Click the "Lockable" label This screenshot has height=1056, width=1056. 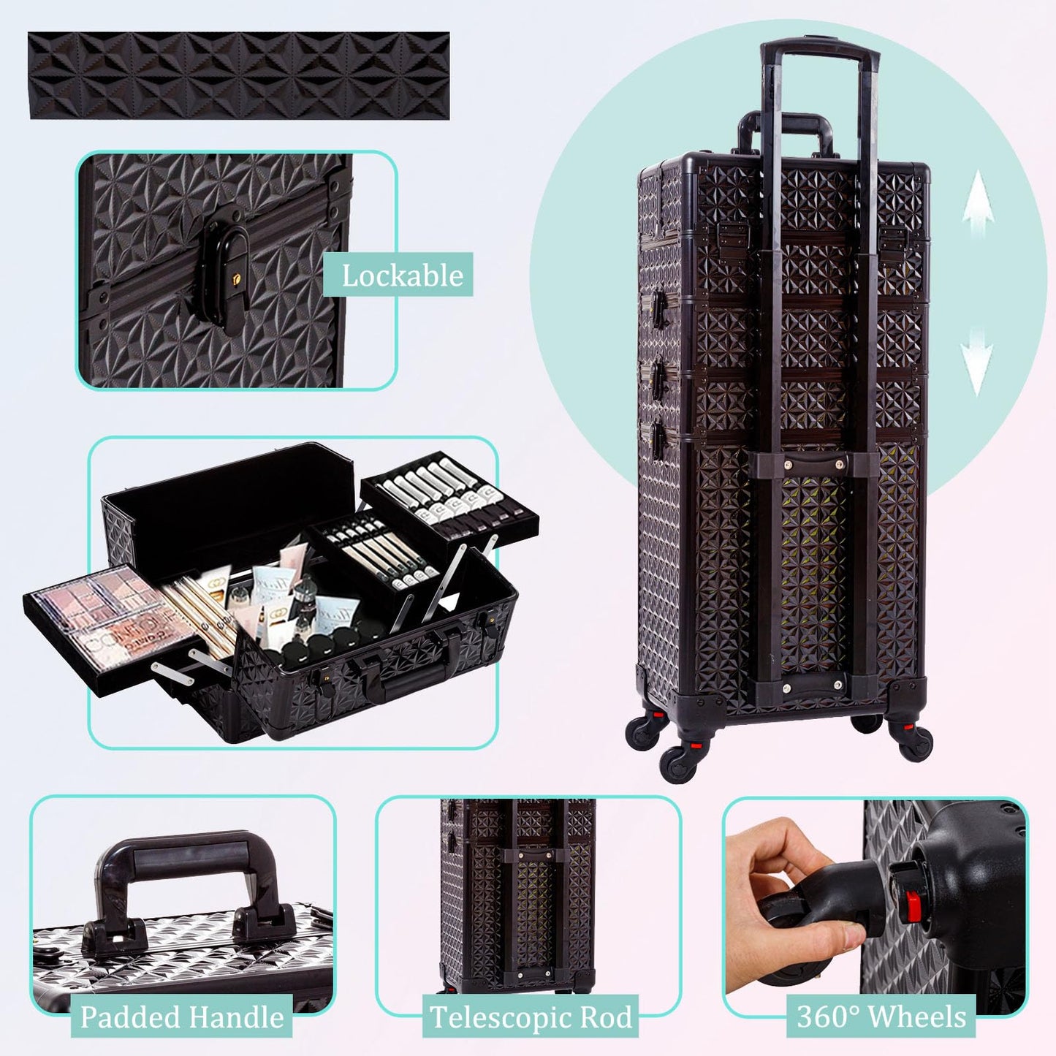click(402, 276)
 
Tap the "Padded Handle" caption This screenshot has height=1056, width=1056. click(181, 1016)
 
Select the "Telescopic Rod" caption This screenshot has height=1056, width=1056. click(531, 1017)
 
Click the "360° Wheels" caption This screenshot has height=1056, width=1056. click(881, 1017)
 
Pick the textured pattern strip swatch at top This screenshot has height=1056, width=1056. click(239, 75)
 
